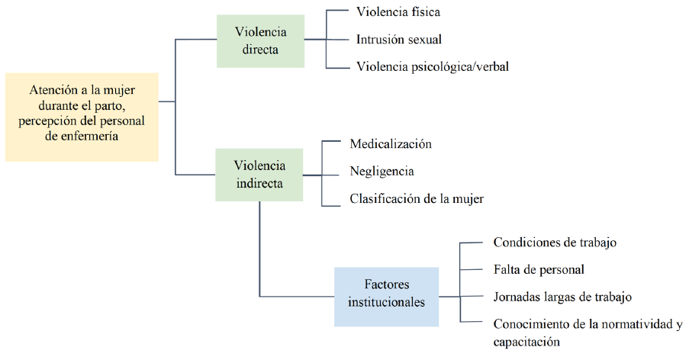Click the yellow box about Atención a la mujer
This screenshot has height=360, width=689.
click(82, 117)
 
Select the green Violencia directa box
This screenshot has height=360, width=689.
click(260, 41)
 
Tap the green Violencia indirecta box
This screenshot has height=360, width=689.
click(260, 175)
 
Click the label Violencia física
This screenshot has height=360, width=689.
click(398, 12)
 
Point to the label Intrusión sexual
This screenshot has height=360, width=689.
click(399, 39)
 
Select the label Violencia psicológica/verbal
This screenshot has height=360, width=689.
click(432, 67)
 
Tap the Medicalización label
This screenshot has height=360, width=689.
click(391, 144)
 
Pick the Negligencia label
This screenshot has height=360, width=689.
click(382, 172)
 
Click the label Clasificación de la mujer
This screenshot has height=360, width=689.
click(417, 199)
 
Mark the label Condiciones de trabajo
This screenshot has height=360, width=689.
click(555, 243)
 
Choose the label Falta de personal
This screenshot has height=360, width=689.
click(539, 269)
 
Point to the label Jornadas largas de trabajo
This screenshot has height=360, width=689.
click(562, 296)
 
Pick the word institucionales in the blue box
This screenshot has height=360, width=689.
click(386, 302)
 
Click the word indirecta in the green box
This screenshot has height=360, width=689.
click(260, 184)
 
